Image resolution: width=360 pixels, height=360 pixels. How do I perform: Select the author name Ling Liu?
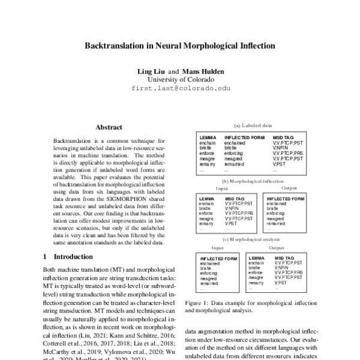[152, 71]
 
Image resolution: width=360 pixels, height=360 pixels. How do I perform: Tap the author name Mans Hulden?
[203, 71]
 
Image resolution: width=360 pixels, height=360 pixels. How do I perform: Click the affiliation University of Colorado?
[179, 79]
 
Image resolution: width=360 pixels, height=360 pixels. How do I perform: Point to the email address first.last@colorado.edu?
[179, 88]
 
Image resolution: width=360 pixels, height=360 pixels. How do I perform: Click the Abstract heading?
[109, 127]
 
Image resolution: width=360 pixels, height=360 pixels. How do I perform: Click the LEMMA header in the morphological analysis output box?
[256, 258]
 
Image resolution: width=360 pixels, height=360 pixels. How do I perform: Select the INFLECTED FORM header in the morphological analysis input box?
[220, 258]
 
